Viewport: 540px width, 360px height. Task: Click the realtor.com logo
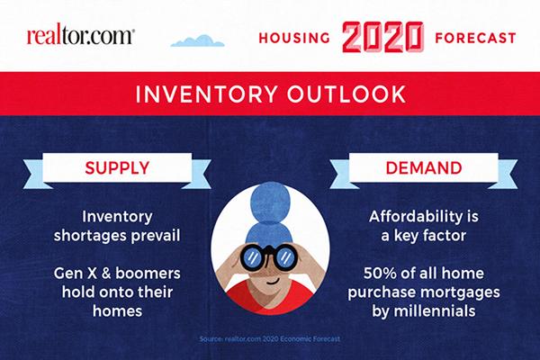click(x=81, y=37)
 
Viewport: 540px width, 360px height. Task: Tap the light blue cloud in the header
click(x=198, y=41)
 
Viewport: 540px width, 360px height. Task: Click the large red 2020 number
click(x=382, y=37)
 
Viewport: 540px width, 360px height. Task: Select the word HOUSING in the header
click(x=294, y=38)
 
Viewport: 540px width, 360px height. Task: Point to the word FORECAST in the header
click(x=475, y=38)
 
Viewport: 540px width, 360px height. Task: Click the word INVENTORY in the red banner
click(x=207, y=94)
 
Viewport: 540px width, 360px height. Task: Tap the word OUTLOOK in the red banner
click(x=346, y=94)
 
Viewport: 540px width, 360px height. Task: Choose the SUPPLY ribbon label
click(x=117, y=167)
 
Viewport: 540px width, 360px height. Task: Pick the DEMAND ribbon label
click(x=424, y=167)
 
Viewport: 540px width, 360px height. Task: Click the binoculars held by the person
click(x=269, y=256)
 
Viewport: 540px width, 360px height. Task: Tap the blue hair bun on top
click(x=270, y=202)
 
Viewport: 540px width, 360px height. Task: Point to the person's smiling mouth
click(x=273, y=282)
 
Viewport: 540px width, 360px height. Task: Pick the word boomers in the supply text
click(x=148, y=274)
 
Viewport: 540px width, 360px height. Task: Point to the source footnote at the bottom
click(x=270, y=339)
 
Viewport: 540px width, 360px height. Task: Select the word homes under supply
click(x=117, y=311)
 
